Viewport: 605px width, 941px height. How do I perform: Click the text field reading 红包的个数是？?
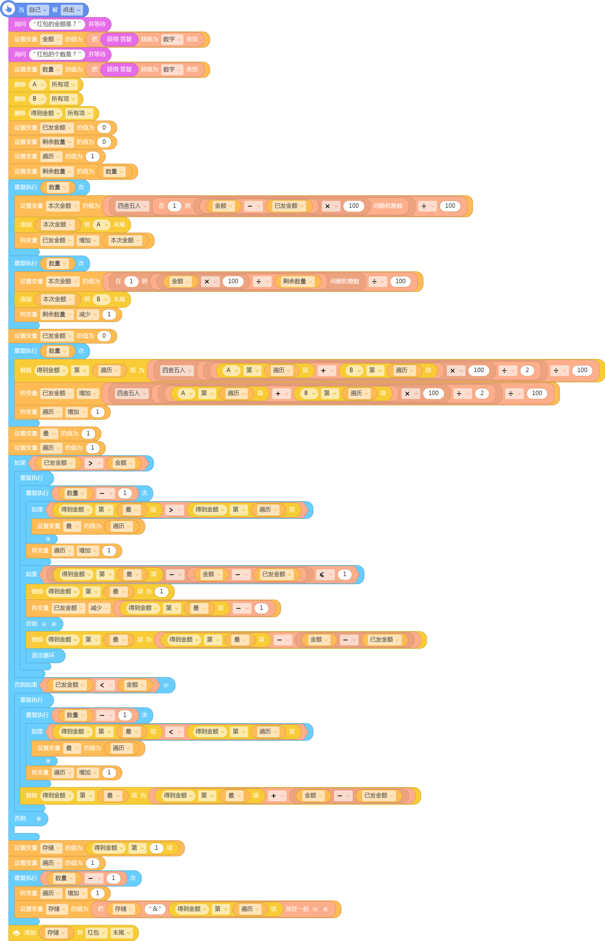pyautogui.click(x=57, y=54)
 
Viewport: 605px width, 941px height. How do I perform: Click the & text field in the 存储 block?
pyautogui.click(x=155, y=909)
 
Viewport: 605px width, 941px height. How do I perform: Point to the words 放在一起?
pyautogui.click(x=297, y=909)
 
